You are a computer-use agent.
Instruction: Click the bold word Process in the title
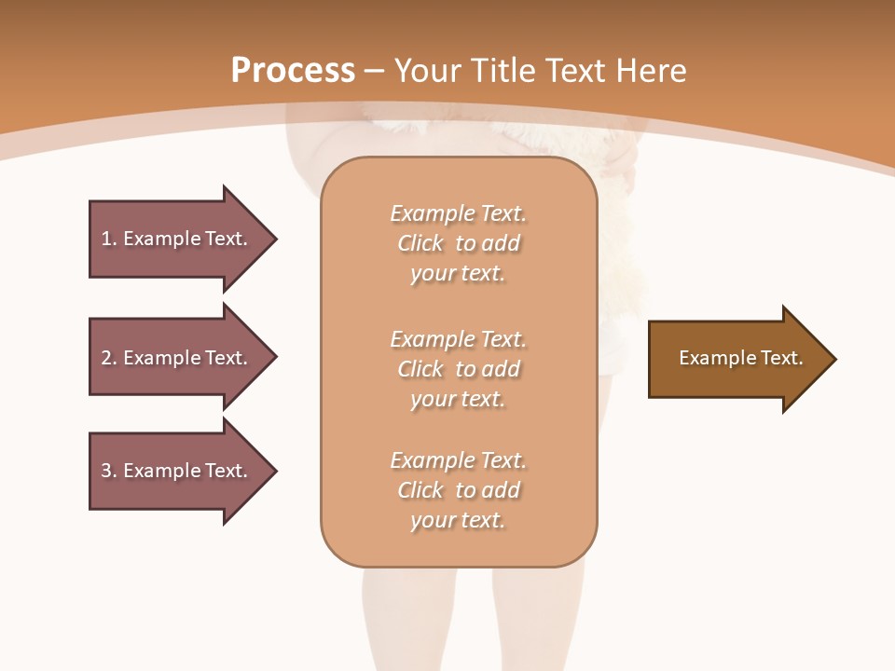click(293, 70)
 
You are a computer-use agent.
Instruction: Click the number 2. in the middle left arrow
click(109, 358)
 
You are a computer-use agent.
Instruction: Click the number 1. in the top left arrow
click(109, 239)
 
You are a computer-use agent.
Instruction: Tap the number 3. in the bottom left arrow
click(109, 471)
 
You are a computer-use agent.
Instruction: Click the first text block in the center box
click(458, 243)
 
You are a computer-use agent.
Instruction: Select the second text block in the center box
click(458, 369)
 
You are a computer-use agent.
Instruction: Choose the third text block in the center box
click(458, 490)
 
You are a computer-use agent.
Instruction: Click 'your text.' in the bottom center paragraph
click(458, 520)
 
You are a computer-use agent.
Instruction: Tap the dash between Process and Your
click(375, 71)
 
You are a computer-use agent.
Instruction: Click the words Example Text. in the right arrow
click(740, 358)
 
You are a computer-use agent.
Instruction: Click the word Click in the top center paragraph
click(420, 243)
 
